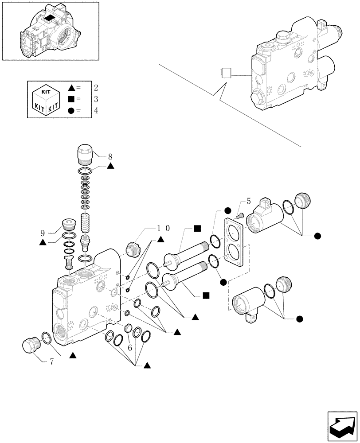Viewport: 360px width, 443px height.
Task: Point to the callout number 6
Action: (130, 349)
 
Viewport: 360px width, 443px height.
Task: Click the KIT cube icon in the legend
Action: (47, 100)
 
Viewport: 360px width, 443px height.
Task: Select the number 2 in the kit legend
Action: (95, 87)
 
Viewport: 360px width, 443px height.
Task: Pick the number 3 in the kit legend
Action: (95, 99)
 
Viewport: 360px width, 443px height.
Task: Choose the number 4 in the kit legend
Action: (95, 111)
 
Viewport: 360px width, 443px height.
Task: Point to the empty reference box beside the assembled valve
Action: (227, 74)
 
